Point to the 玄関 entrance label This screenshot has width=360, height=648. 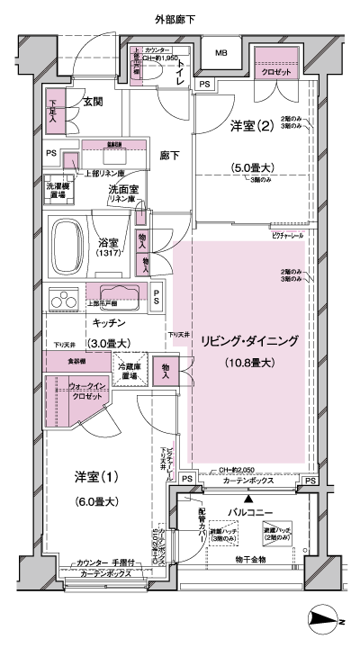(x=94, y=102)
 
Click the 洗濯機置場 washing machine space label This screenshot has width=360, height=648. (x=58, y=188)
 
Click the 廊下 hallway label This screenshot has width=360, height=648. (x=169, y=156)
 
